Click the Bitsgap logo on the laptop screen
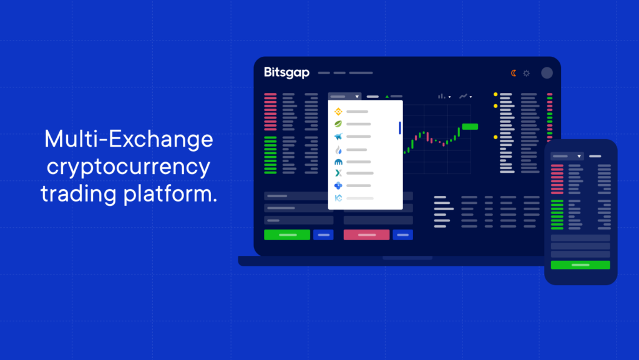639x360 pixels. tap(286, 72)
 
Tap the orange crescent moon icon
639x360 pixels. tap(514, 73)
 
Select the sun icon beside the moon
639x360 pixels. tap(527, 73)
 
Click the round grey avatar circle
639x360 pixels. tap(547, 73)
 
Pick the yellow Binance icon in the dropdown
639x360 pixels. tap(338, 112)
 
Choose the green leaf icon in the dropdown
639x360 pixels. tap(338, 124)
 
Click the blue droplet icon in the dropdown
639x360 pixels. tap(338, 150)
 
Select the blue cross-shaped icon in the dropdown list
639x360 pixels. tap(338, 186)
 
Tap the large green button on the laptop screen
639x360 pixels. tap(287, 235)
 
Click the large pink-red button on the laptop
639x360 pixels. tap(366, 235)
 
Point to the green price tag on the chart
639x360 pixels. tap(470, 127)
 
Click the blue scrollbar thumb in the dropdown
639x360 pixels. tap(400, 127)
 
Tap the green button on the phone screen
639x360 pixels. tap(580, 265)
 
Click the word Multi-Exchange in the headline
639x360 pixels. tap(129, 139)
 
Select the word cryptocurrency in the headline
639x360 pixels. tap(129, 167)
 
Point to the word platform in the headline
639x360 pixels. tap(171, 193)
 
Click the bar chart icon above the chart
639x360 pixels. tap(442, 97)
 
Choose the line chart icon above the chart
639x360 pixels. tap(463, 97)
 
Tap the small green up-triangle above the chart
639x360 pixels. tap(387, 97)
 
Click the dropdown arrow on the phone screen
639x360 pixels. tap(579, 157)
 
